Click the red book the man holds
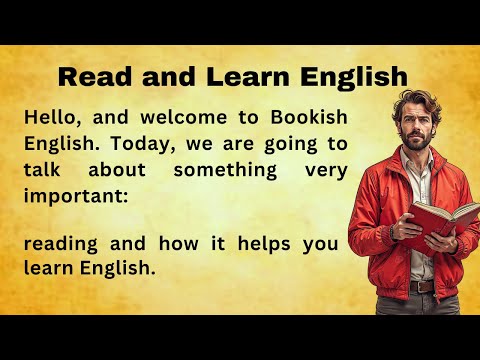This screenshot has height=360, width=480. tap(427, 219)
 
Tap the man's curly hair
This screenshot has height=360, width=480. tap(414, 99)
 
